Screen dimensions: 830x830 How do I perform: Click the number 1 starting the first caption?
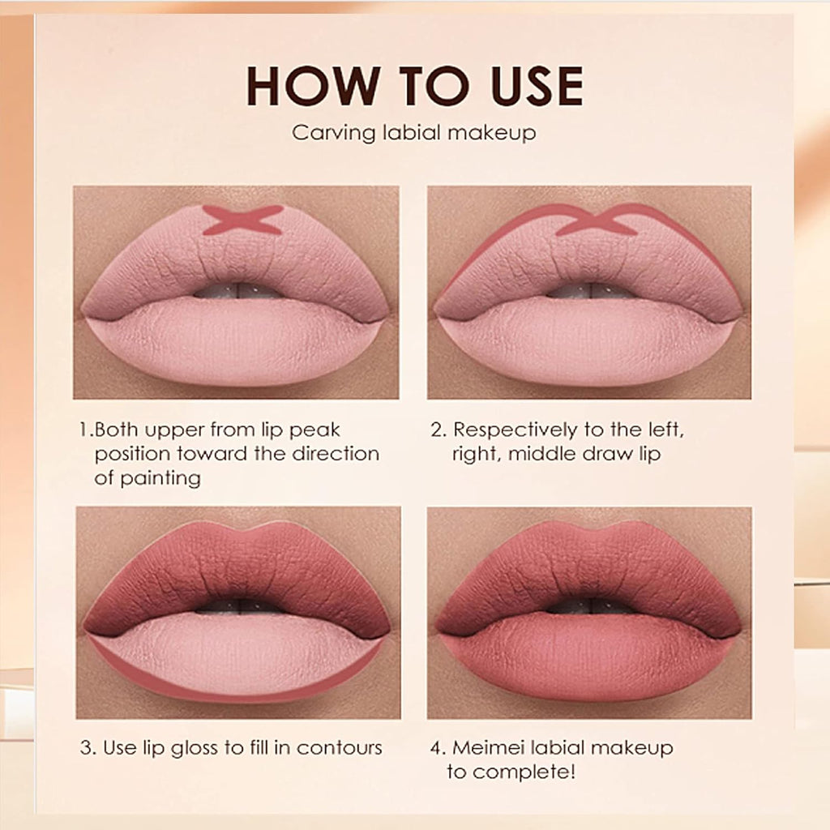click(84, 430)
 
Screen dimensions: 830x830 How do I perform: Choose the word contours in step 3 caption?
click(339, 747)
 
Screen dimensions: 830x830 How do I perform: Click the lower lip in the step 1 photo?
click(235, 340)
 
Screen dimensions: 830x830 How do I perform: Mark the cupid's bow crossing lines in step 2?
click(596, 220)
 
